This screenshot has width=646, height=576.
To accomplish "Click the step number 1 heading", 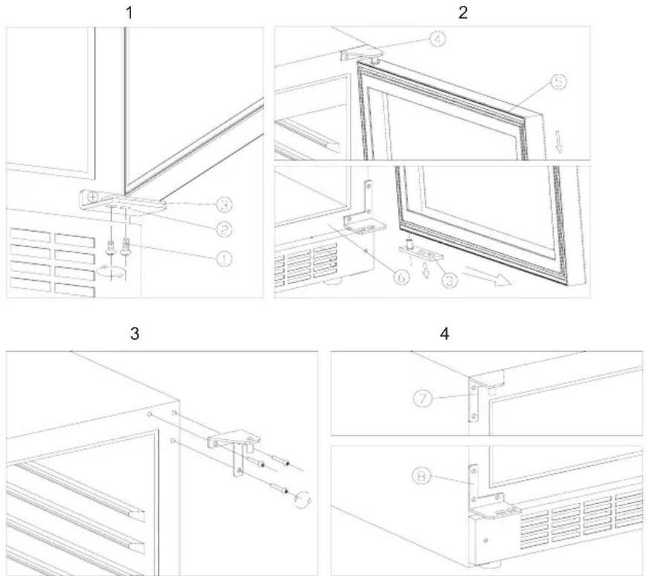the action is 130,13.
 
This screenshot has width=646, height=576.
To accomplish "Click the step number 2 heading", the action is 463,13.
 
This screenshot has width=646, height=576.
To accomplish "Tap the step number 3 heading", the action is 135,333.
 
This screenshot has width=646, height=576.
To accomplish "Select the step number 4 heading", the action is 445,333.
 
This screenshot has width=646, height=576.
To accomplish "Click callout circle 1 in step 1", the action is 223,259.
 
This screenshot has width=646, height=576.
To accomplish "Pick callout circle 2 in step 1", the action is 223,229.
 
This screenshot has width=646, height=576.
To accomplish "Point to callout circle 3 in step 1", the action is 223,204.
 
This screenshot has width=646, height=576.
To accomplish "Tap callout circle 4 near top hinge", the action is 438,40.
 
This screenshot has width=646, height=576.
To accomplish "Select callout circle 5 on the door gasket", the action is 558,82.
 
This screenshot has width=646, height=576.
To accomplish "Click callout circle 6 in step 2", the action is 401,278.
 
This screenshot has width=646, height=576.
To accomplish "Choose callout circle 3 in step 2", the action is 450,281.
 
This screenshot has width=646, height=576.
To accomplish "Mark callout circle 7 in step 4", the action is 423,398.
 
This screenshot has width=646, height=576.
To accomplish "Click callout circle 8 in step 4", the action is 422,477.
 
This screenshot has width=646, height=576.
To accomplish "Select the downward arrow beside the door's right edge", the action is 559,142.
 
